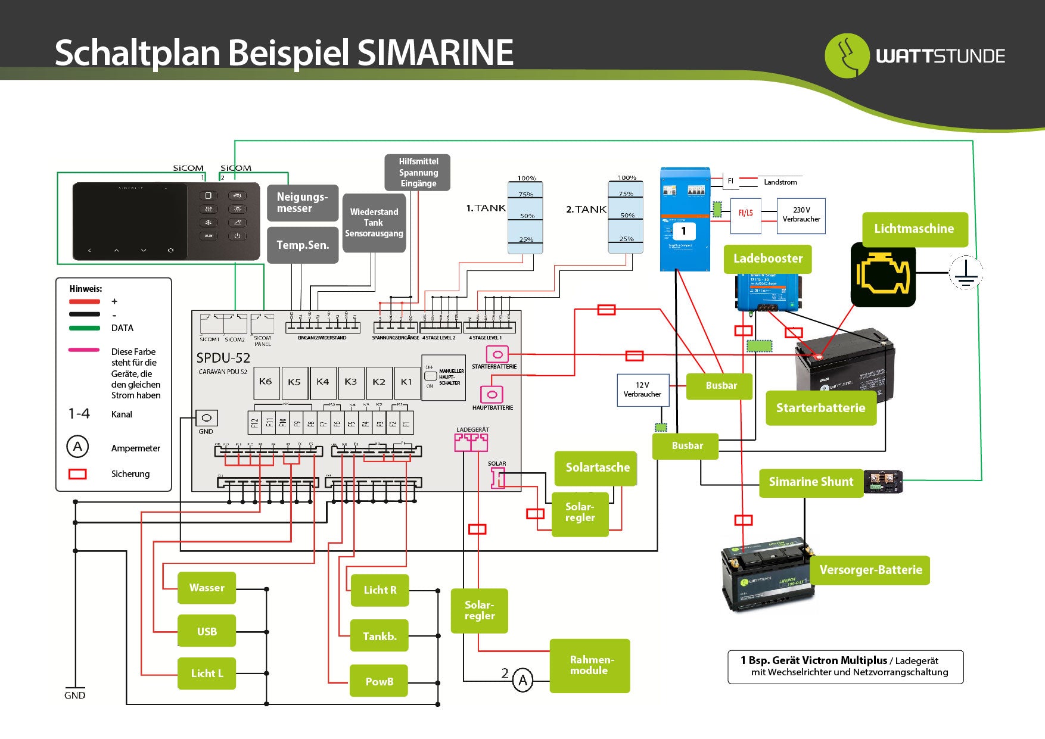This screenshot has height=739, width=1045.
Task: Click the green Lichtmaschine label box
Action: click(x=914, y=229)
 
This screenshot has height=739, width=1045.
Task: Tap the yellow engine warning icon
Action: click(x=882, y=275)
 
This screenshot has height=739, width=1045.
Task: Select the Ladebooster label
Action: click(x=767, y=259)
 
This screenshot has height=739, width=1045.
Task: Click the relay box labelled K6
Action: click(x=266, y=382)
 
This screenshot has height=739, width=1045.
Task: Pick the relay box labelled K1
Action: click(x=406, y=382)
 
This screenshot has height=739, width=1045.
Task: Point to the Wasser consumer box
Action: click(x=207, y=588)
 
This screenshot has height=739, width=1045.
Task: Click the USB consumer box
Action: click(x=207, y=631)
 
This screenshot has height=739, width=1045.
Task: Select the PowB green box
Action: click(x=380, y=681)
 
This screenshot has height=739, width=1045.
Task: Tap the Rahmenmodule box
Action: click(x=590, y=666)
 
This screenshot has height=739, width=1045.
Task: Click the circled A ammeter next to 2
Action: click(x=522, y=680)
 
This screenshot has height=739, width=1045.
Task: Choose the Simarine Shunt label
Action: click(x=811, y=482)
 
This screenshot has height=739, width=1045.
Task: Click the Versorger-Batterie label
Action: click(x=870, y=570)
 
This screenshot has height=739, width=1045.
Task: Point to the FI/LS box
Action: click(x=745, y=213)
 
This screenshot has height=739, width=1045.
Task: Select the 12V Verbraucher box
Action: click(x=642, y=390)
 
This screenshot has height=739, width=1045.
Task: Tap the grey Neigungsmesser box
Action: click(x=302, y=203)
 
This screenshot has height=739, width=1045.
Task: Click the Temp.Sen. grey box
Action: click(x=302, y=245)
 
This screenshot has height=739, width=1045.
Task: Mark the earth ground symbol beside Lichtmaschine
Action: click(x=965, y=273)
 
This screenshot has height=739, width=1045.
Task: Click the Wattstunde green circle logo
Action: click(x=847, y=56)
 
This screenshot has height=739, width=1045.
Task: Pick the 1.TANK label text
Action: click(x=485, y=208)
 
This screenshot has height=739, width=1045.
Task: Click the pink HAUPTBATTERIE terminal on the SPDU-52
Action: click(x=492, y=394)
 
